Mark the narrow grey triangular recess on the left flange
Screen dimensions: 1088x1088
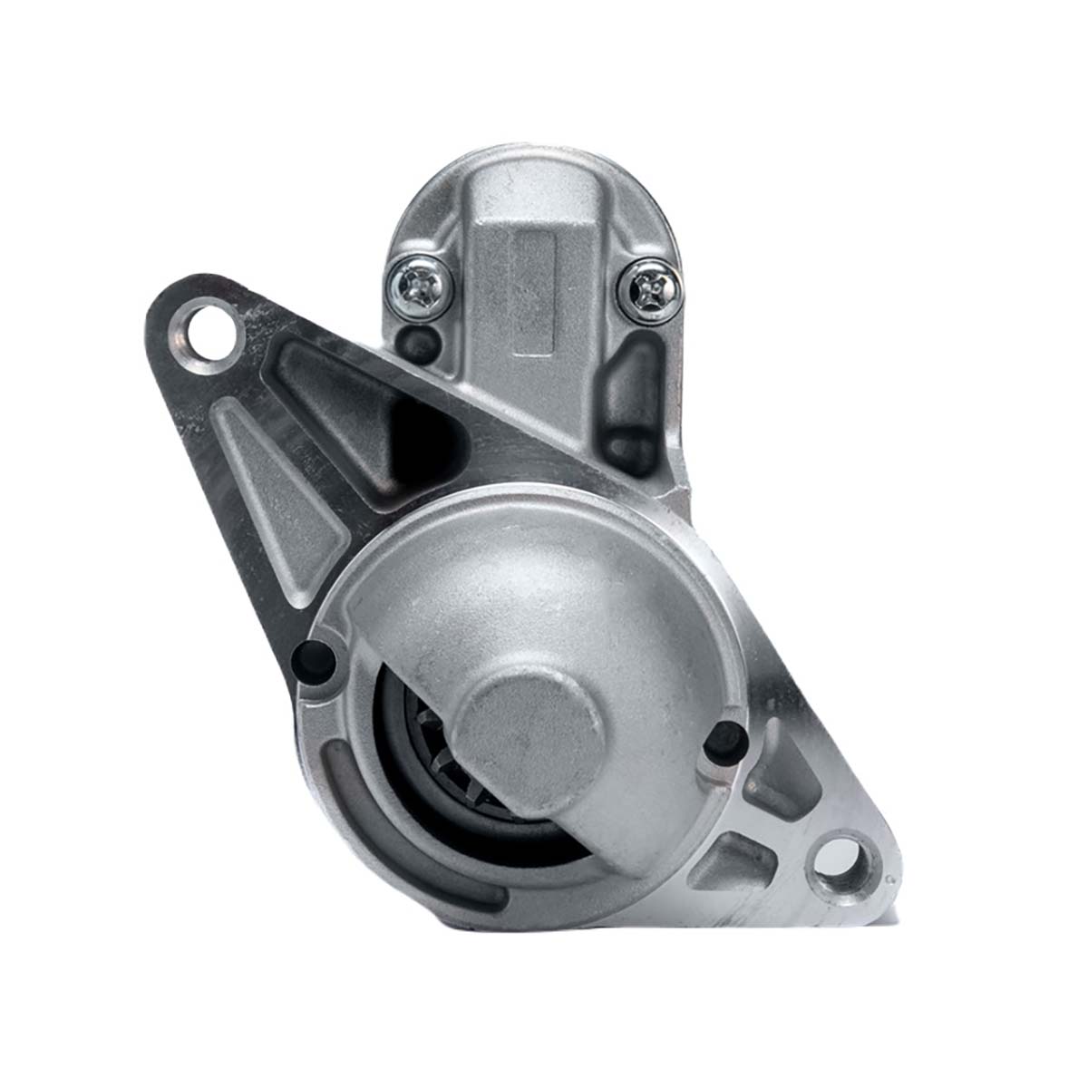272,508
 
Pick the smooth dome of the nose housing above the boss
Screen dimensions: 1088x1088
535,580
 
